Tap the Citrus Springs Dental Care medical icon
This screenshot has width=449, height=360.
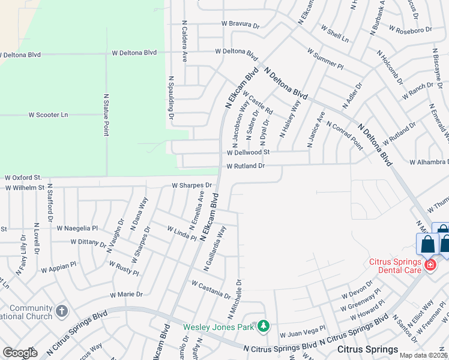point(429,265)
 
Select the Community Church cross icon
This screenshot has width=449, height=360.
point(61,311)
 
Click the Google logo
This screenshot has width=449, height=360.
point(20,353)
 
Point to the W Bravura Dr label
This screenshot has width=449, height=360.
point(240,25)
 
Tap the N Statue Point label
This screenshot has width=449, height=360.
point(106,114)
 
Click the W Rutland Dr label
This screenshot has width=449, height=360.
point(246,166)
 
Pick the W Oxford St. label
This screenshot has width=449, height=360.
point(23,178)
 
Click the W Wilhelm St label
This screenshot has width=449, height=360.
point(25,187)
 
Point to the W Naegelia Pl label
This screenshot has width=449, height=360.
point(77,228)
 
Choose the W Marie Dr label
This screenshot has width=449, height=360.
point(126,295)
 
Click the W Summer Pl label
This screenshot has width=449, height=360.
point(325,59)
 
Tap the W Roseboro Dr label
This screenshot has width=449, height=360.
point(411,29)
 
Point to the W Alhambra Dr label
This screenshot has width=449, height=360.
point(429,162)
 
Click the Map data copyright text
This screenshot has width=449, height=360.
point(424,355)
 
